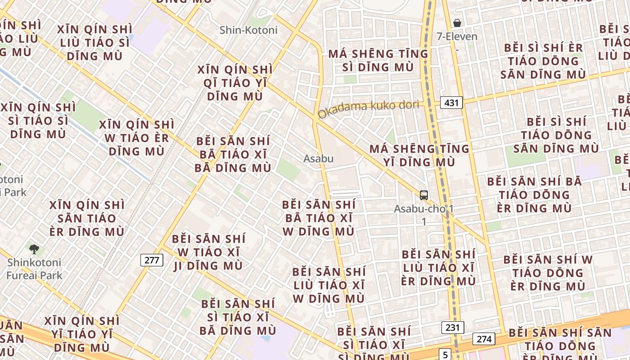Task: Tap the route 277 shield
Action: pos(152,260)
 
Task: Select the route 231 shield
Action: pos(452,327)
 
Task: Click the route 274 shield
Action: pos(484,339)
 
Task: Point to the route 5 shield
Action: pos(445,354)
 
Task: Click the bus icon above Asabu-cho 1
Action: pos(424,195)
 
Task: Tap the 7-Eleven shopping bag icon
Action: pos(457,23)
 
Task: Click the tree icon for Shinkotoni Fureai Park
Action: pos(34,249)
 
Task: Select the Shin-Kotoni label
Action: pos(248,30)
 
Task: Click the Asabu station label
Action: pos(318,158)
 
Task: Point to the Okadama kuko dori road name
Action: pos(368,108)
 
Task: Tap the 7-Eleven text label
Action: pos(457,36)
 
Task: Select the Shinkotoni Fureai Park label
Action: pos(34,269)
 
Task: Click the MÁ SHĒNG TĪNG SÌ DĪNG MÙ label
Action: pos(378,60)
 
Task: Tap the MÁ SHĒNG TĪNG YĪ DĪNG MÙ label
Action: pos(419,155)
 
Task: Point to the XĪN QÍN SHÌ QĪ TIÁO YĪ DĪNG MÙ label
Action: pos(235,83)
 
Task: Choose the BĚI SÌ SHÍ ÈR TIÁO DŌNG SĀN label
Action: pos(543,61)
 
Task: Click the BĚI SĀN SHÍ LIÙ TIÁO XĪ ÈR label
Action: pos(438,268)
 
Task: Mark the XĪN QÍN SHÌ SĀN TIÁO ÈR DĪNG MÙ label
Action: pos(87,218)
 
